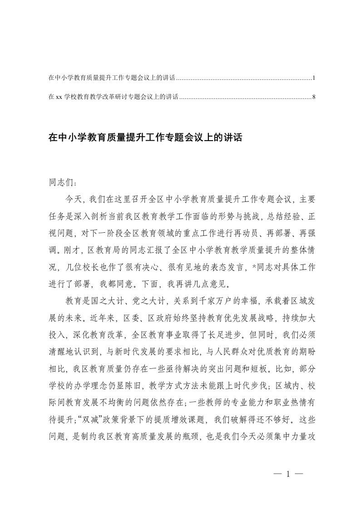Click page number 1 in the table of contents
click(x=314, y=78)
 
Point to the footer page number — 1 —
click(x=288, y=475)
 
